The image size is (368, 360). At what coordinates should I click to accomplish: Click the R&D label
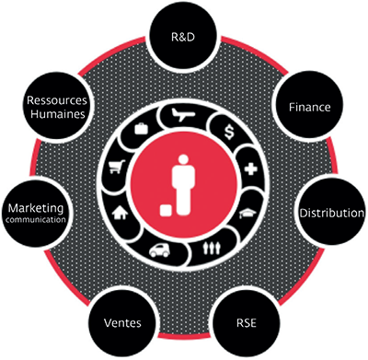tap(183, 37)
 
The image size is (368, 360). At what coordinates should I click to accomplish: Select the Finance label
tap(310, 107)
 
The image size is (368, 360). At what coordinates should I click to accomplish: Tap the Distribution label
tap(332, 213)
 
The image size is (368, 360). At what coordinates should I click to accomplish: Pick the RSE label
tap(247, 323)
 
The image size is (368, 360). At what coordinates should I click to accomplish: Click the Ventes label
tap(122, 323)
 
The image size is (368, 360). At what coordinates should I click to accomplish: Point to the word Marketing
tap(36, 208)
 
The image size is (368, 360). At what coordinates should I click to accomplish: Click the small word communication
tap(36, 220)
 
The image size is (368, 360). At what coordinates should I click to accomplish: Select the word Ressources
tap(57, 100)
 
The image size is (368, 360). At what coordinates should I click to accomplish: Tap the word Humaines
tap(58, 114)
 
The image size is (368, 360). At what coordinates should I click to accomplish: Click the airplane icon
tap(183, 115)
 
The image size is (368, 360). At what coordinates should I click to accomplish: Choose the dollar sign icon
tap(229, 132)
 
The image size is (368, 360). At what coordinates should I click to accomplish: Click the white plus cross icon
tap(251, 168)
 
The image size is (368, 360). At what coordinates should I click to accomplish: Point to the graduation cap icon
tap(247, 213)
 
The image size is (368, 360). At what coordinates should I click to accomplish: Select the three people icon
tap(212, 248)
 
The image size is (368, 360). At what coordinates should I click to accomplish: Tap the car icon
tap(159, 250)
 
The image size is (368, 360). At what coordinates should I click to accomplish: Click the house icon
tap(120, 213)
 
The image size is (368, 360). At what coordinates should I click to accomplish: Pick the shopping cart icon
tap(117, 167)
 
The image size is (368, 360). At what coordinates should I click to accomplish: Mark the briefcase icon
tap(142, 128)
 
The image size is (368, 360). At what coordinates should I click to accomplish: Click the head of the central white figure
tap(183, 159)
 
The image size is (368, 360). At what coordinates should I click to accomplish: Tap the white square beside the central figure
tap(166, 211)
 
